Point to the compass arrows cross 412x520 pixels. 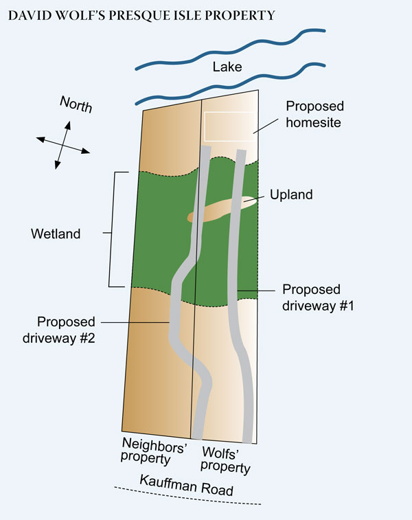62,144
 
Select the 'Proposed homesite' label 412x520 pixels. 314,114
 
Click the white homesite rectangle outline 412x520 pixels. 231,113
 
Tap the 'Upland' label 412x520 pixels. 291,194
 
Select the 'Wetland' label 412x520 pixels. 56,234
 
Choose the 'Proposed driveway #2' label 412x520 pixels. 67,329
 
